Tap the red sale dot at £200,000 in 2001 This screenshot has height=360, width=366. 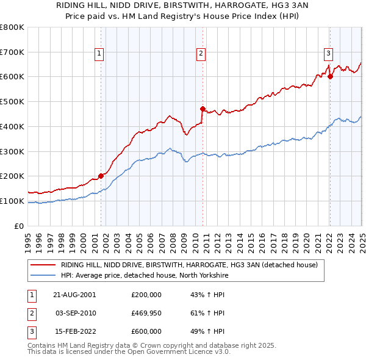[101, 176]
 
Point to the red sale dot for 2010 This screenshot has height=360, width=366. [202, 109]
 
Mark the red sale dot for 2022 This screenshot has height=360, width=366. [329, 76]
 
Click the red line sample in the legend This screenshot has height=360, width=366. [43, 265]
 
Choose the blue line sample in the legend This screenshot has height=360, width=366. [43, 275]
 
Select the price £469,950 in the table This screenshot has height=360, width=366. [146, 313]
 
